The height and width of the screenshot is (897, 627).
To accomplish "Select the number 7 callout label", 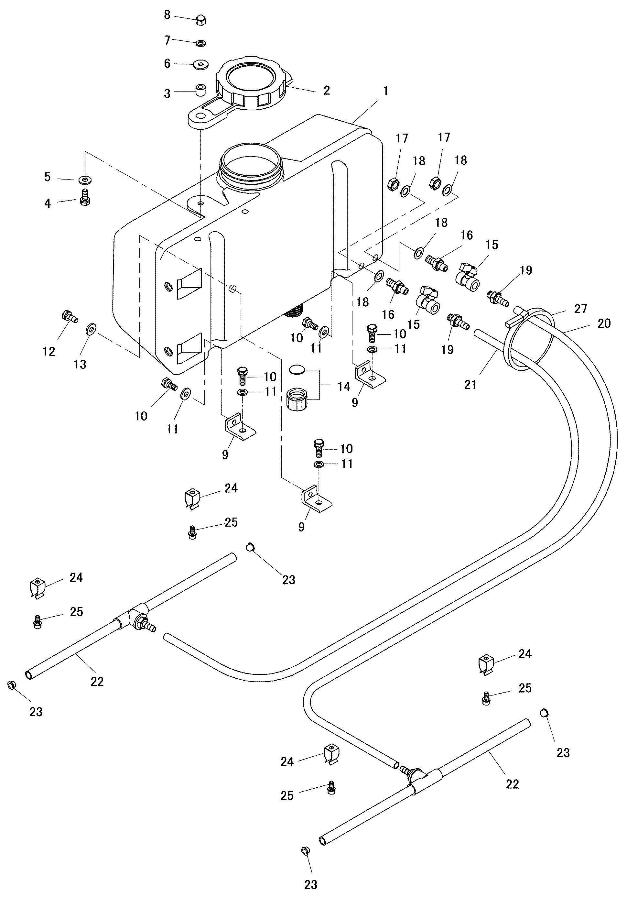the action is click(x=167, y=40).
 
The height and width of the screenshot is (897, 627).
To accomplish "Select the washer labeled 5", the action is click(x=84, y=180).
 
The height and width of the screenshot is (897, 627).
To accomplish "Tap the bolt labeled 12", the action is click(x=70, y=316).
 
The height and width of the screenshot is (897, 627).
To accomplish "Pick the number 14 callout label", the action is click(x=344, y=387).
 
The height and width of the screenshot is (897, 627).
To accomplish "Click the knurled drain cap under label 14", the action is click(x=298, y=399).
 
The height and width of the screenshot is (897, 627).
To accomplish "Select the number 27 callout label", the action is click(x=581, y=309).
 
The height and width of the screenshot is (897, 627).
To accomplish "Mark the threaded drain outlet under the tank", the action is click(x=295, y=312).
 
